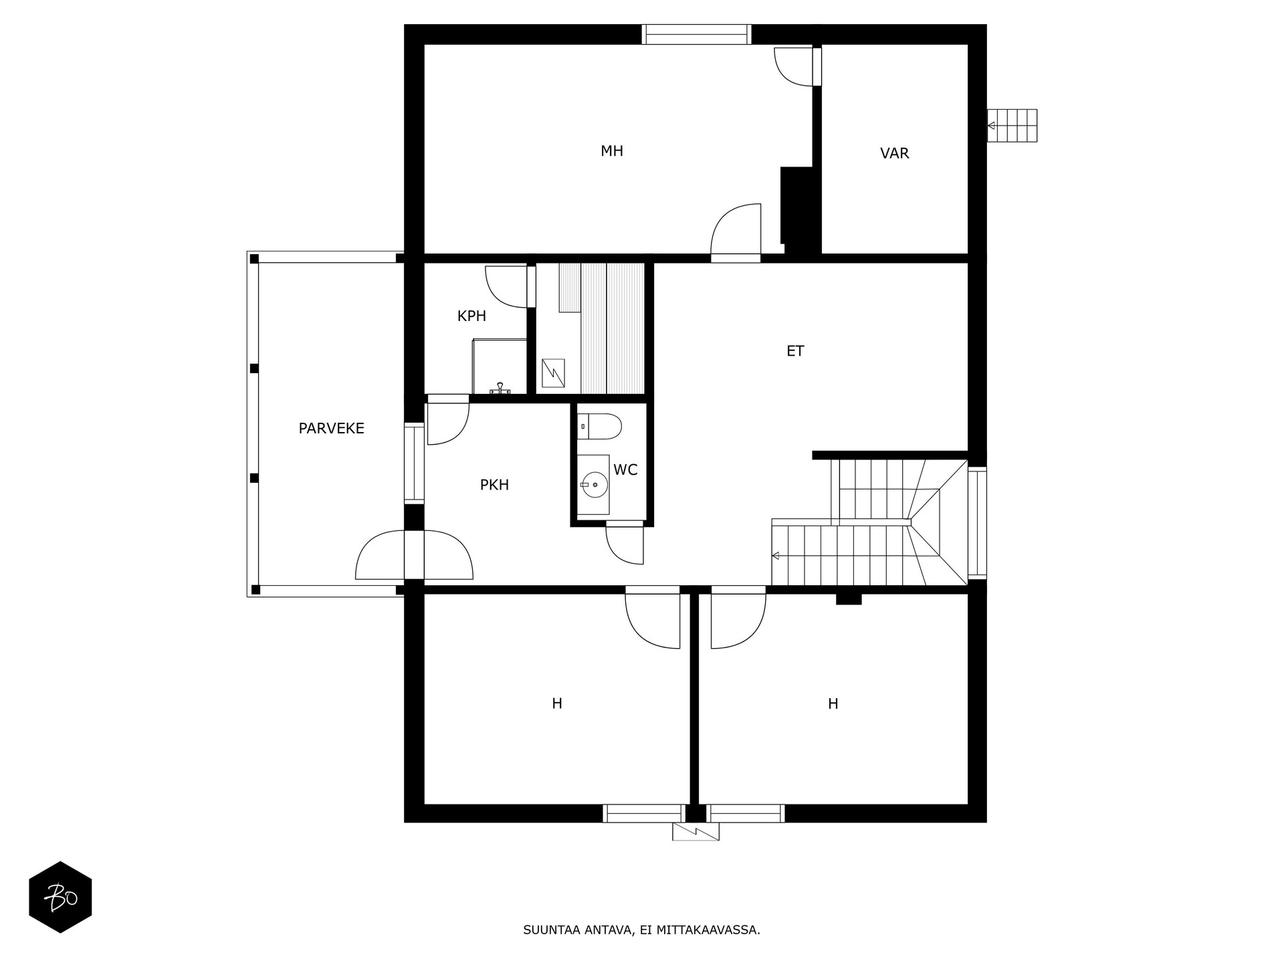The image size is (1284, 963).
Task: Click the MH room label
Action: (611, 151)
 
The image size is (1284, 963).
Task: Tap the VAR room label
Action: (894, 153)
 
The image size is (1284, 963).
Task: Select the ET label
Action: (794, 351)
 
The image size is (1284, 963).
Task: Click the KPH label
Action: (471, 316)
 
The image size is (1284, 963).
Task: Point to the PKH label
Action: (494, 485)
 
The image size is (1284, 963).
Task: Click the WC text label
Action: (625, 470)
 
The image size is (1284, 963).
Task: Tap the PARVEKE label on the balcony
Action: (331, 429)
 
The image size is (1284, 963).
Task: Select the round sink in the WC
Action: (594, 484)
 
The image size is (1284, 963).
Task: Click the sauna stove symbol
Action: (553, 373)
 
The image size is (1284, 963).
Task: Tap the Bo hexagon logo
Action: (60, 897)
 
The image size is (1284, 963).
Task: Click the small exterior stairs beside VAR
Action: (1012, 126)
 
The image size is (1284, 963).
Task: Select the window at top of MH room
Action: (696, 34)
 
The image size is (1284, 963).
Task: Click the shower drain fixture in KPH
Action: (500, 387)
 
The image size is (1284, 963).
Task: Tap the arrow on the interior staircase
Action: (776, 556)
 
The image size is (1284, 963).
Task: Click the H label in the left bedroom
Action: (556, 704)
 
